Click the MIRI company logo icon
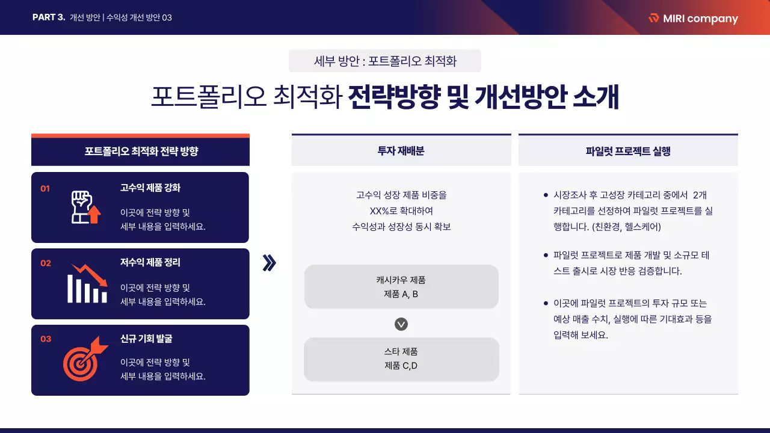pos(654,18)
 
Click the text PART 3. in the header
pos(49,17)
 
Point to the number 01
pos(45,189)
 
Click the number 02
pos(46,263)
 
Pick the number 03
pos(46,339)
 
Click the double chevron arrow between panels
pos(269,263)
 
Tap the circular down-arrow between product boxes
pos(401,324)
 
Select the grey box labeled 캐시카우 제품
pos(401,287)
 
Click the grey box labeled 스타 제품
pos(401,359)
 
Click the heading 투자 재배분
pos(401,151)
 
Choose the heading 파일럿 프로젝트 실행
pos(628,151)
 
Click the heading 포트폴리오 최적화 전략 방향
pos(141,151)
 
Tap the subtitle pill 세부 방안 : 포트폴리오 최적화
pos(385,61)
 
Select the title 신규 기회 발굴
pos(146,339)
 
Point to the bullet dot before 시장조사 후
pos(546,195)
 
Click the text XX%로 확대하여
pos(401,211)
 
